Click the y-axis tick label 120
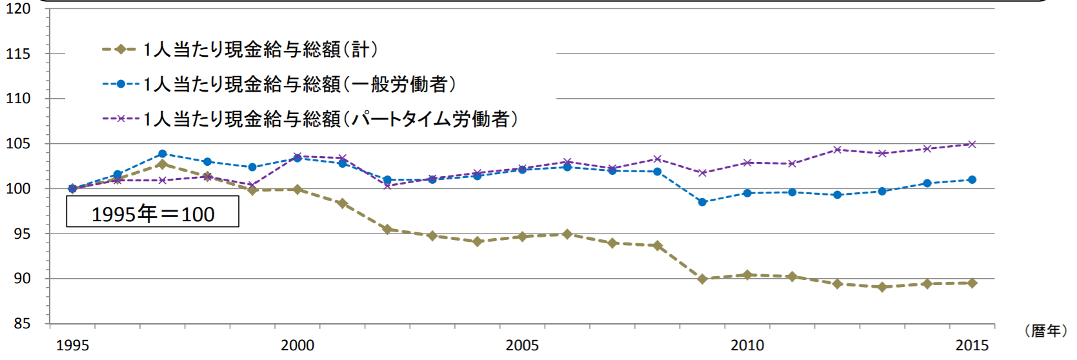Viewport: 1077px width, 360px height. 18,9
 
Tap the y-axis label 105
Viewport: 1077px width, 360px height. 18,144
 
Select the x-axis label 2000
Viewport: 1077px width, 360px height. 297,345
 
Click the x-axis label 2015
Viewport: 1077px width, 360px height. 972,345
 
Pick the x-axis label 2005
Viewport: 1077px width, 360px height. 522,345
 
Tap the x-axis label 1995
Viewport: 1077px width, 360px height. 72,345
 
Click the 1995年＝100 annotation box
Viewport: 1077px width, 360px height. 153,212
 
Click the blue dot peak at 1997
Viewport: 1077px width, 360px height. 163,154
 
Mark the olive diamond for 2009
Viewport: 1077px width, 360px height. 703,279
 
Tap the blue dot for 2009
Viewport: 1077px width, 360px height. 703,202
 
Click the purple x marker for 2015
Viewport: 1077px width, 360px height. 972,145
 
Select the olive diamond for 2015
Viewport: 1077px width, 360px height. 972,283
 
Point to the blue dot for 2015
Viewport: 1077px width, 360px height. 972,180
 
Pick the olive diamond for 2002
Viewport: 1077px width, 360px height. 387,229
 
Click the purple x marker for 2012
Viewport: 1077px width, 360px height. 837,150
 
